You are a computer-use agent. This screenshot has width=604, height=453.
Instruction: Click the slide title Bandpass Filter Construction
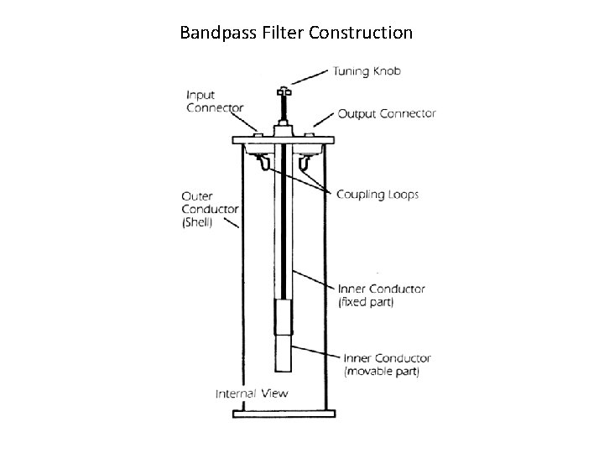coord(296,34)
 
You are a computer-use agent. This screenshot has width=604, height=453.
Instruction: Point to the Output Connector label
coord(387,114)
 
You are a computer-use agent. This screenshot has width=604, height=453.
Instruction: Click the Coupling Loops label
coord(377,195)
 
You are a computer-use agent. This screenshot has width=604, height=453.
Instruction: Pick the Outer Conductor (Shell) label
coord(210,209)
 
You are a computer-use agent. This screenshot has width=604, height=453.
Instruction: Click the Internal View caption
coord(252,393)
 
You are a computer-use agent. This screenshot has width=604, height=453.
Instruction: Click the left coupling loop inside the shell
coord(263,160)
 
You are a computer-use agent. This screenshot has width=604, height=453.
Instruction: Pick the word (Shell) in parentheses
coord(198,222)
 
